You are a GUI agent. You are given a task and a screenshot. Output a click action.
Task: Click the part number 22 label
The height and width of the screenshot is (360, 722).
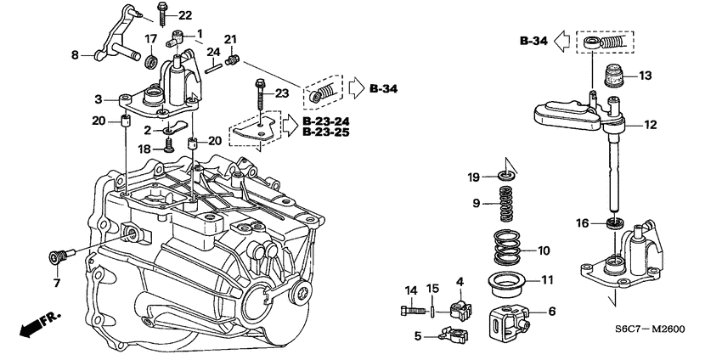tap(185, 15)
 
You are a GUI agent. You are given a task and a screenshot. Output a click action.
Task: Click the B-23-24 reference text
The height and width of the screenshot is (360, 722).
tap(324, 121)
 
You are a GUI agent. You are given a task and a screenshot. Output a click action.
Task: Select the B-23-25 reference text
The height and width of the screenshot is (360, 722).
tap(324, 133)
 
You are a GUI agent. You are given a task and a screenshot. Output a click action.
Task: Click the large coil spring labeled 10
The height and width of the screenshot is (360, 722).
tap(507, 252)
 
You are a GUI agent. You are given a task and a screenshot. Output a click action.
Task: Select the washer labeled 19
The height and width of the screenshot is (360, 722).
tap(506, 177)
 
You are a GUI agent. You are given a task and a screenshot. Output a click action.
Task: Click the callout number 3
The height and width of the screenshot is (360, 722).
tap(99, 99)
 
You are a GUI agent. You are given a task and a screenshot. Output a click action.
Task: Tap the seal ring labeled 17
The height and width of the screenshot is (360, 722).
tap(151, 62)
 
